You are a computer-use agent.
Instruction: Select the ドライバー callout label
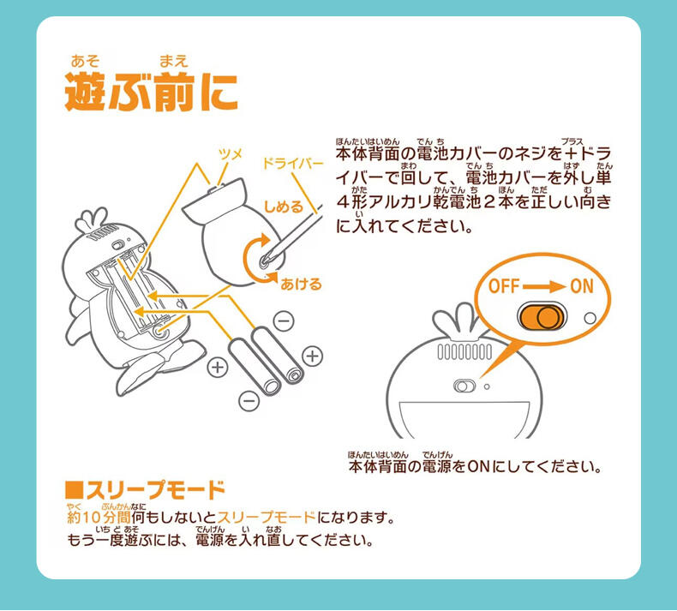pyautogui.click(x=292, y=163)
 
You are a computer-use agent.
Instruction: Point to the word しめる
pyautogui.click(x=284, y=207)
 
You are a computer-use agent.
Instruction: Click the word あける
pyautogui.click(x=302, y=284)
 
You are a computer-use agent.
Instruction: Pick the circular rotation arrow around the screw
pyautogui.click(x=256, y=260)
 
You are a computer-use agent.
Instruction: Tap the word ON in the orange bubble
pyautogui.click(x=580, y=285)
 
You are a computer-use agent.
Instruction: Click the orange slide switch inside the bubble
pyautogui.click(x=542, y=317)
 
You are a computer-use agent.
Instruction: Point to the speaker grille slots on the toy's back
pyautogui.click(x=464, y=352)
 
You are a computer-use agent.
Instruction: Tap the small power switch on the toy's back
pyautogui.click(x=465, y=386)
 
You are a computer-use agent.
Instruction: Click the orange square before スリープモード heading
pyautogui.click(x=75, y=491)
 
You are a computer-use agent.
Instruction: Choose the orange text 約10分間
pyautogui.click(x=99, y=518)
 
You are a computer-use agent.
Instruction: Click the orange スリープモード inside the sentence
pyautogui.click(x=267, y=518)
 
